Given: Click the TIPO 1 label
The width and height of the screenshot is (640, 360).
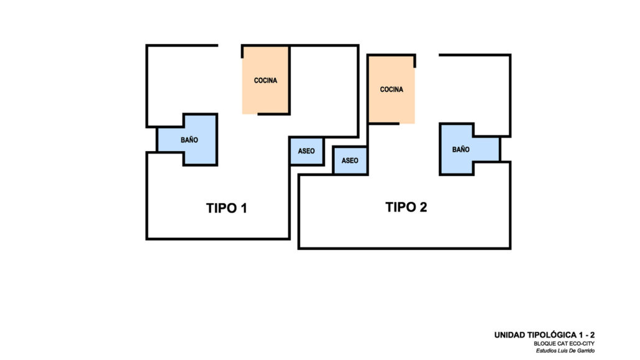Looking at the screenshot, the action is coord(227,208).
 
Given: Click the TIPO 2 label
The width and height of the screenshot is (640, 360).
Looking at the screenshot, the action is coord(406,207).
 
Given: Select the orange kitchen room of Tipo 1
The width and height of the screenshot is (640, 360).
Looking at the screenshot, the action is coord(265,80).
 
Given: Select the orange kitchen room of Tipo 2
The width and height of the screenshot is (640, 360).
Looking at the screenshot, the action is coord(391,89).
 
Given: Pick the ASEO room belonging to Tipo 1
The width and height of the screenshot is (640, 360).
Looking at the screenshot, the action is coord(306,151).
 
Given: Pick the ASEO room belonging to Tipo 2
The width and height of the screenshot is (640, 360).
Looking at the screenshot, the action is coord(350,160).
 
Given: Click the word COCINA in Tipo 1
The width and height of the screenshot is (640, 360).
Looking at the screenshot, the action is coord(265,80).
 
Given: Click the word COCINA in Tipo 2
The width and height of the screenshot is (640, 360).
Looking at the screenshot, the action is coord(391,90).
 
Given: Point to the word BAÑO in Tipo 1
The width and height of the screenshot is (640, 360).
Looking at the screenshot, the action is coord(190,140).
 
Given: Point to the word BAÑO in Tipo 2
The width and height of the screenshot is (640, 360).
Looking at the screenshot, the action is coord(461,149).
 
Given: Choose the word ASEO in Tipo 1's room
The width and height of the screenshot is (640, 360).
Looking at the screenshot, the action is coord(306,151).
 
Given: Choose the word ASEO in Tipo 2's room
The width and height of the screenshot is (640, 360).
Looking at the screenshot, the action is coord(350,160).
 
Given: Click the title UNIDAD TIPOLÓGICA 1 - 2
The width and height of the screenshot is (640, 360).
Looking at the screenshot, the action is coord(544,335).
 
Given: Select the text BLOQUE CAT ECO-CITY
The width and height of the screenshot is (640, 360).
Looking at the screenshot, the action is coord(564,344).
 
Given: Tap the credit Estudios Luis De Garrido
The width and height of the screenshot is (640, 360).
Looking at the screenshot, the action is coord(565,351).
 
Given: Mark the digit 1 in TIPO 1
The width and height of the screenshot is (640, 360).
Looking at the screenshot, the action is coord(244,208).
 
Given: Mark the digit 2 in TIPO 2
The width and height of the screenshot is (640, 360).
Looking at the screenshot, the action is coord(423,207).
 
